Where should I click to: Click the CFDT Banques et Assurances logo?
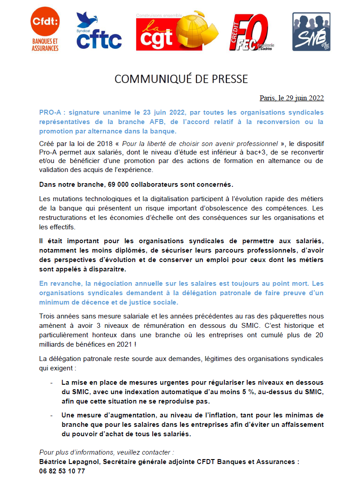click(x=45, y=32)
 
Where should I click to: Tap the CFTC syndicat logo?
click(x=99, y=31)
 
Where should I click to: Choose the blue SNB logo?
click(x=311, y=31)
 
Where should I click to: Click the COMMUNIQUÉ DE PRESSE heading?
click(x=181, y=79)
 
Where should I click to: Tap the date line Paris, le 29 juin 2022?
click(x=291, y=98)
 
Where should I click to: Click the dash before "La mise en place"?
click(x=52, y=383)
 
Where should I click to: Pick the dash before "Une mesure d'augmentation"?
click(x=52, y=415)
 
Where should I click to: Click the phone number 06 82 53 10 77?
click(x=62, y=471)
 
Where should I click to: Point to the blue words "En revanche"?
click(x=59, y=284)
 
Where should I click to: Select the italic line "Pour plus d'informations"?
click(x=106, y=452)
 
